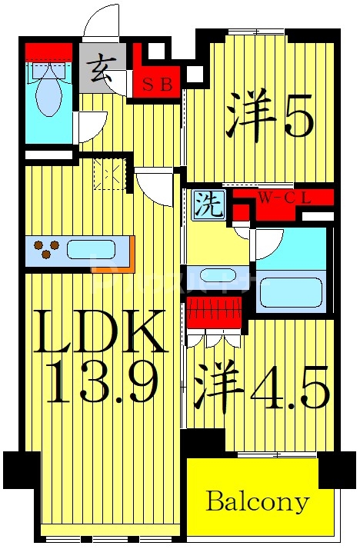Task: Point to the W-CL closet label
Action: pyautogui.click(x=284, y=198)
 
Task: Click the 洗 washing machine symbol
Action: pyautogui.click(x=208, y=205)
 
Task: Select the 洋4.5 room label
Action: pyautogui.click(x=262, y=388)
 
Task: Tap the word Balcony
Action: pyautogui.click(x=258, y=503)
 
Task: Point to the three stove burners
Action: pyautogui.click(x=47, y=250)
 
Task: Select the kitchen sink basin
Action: pyautogui.click(x=92, y=250)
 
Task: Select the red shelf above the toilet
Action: pyautogui.click(x=48, y=52)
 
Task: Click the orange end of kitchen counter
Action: pyautogui.click(x=130, y=254)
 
